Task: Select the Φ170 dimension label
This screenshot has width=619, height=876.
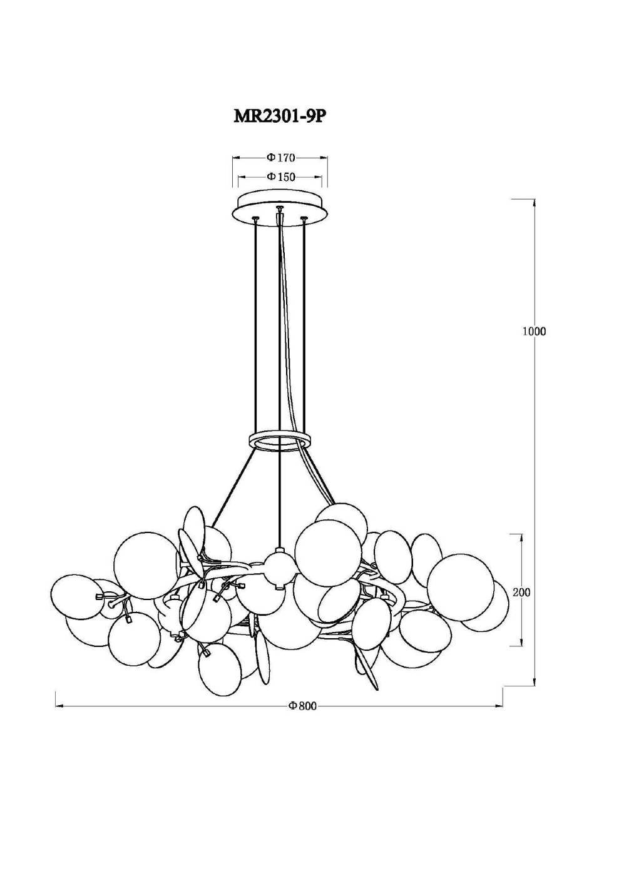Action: point(280,158)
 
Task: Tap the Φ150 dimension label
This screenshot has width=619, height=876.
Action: point(281,176)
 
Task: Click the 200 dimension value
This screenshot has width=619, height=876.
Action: point(521,603)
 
